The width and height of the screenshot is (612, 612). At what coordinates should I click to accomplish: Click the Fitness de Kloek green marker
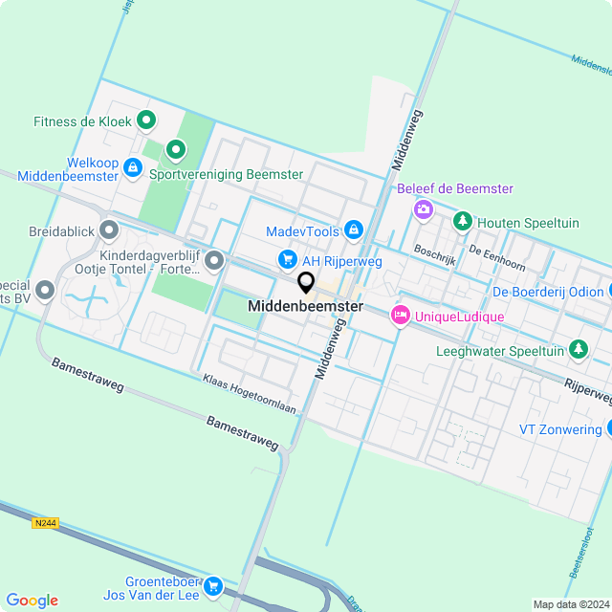(x=146, y=120)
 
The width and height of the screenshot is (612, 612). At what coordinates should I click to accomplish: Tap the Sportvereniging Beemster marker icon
(x=176, y=150)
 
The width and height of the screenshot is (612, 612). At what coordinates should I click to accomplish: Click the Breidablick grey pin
(x=109, y=229)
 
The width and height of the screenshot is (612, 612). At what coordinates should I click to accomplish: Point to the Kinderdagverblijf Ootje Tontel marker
(x=214, y=260)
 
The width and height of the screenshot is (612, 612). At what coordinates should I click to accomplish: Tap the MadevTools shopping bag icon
(x=355, y=229)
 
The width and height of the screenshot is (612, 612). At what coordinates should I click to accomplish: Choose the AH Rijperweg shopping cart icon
(x=286, y=259)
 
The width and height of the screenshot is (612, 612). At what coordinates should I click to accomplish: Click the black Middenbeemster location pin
(x=306, y=282)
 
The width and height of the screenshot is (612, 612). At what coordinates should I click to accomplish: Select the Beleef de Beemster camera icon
(x=423, y=208)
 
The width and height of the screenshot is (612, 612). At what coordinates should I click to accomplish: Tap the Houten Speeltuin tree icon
(x=463, y=222)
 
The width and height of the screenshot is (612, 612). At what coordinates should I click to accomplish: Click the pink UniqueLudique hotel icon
(x=400, y=315)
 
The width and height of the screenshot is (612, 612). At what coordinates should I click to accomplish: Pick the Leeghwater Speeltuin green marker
(x=578, y=351)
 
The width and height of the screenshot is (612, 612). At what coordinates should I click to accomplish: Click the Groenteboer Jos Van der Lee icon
(x=213, y=586)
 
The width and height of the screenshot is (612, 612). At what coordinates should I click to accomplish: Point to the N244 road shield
(x=45, y=523)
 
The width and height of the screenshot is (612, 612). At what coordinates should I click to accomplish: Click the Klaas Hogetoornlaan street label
(x=249, y=394)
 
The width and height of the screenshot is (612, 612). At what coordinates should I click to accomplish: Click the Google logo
(x=32, y=601)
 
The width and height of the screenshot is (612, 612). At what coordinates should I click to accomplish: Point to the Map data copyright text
(x=571, y=604)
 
